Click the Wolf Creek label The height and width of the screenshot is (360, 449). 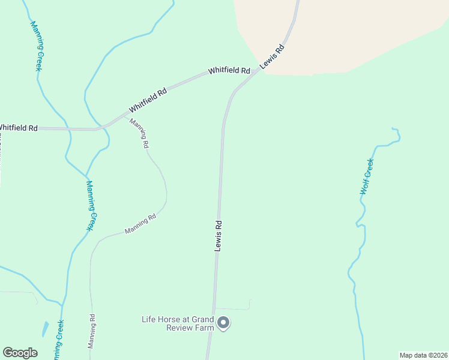click(367, 177)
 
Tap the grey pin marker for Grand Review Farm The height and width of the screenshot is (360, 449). click(223, 323)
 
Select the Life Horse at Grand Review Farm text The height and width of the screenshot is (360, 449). click(177, 323)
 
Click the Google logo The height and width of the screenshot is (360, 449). click(20, 353)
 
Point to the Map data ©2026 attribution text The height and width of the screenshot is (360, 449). click(423, 355)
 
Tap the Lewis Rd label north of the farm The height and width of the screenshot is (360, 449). click(219, 235)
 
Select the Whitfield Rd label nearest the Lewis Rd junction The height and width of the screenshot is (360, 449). click(229, 71)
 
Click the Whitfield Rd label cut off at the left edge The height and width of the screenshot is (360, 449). click(18, 128)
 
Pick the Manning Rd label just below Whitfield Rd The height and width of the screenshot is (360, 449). click(139, 133)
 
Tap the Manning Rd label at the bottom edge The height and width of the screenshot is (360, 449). click(92, 332)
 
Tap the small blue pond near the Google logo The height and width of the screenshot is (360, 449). click(46, 329)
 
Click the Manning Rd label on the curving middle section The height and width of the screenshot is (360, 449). click(140, 224)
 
